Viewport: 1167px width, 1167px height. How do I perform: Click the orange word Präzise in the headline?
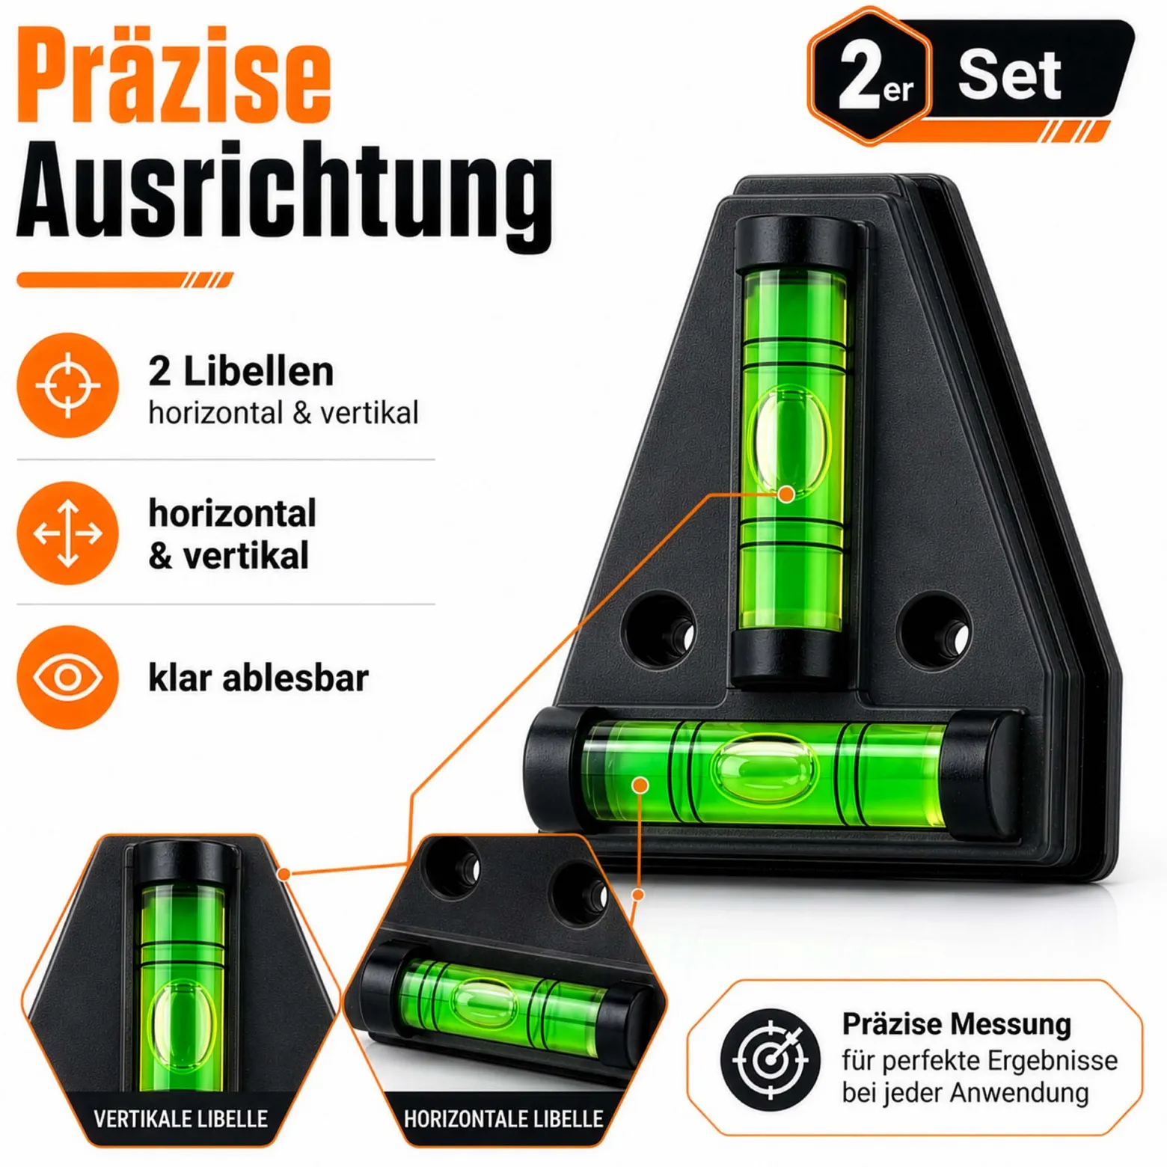pos(174,75)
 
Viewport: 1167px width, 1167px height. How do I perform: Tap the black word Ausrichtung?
pos(284,192)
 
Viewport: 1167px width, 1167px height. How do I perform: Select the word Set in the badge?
pos(1009,75)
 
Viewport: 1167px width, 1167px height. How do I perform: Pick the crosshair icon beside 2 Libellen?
pos(68,385)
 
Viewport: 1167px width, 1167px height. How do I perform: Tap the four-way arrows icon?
pos(68,533)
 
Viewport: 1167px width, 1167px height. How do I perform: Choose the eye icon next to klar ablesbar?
pos(68,678)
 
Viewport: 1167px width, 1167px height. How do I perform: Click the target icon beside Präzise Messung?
pos(771,1059)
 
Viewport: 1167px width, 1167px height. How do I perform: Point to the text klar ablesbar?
pos(258,678)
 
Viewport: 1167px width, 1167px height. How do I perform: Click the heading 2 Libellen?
pos(241,371)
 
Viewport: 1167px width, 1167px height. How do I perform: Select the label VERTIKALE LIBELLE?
pos(180,1119)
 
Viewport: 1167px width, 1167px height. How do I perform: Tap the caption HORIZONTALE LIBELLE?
pos(503,1119)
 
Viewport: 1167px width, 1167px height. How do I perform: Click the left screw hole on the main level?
pos(658,630)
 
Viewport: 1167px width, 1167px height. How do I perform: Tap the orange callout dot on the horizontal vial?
pos(640,785)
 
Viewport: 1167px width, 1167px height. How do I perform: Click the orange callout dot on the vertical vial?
pos(786,494)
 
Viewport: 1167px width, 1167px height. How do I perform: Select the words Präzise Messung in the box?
pos(956,1024)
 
